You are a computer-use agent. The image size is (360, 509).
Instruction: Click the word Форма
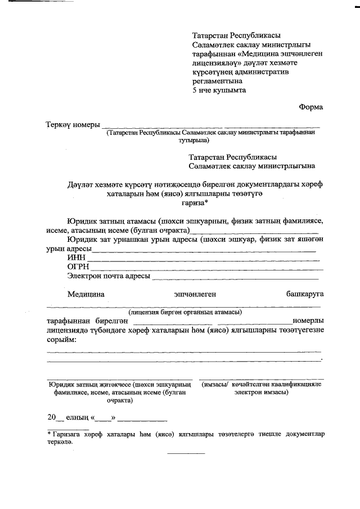coord(310,107)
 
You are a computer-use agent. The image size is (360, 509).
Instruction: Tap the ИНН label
coord(76,257)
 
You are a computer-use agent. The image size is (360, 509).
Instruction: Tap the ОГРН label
coord(79,267)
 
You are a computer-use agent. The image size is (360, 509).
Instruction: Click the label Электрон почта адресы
coord(109,276)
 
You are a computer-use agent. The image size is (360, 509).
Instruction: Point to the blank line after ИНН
coord(202,259)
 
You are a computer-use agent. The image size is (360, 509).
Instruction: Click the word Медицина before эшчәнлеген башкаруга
coord(85,294)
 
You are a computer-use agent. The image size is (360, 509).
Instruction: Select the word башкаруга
coord(304,294)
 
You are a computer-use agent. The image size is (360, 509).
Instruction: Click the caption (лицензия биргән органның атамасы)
coord(185,312)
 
